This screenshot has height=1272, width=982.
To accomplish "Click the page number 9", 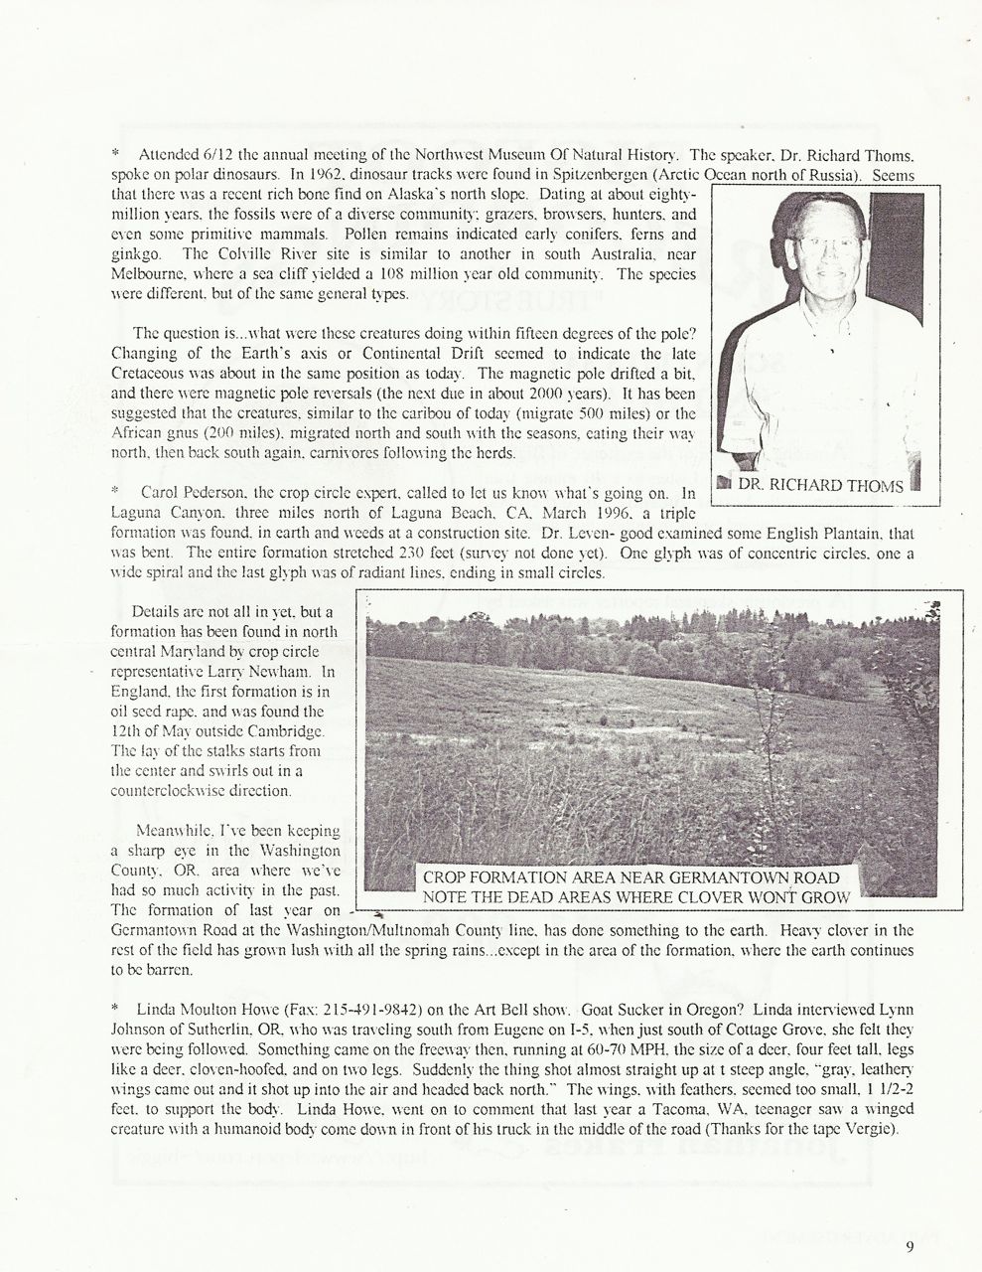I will click(909, 1248).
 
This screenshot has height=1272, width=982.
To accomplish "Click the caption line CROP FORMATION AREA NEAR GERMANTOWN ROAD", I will click(631, 877).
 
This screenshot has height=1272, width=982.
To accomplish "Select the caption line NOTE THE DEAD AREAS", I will click(636, 897).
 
